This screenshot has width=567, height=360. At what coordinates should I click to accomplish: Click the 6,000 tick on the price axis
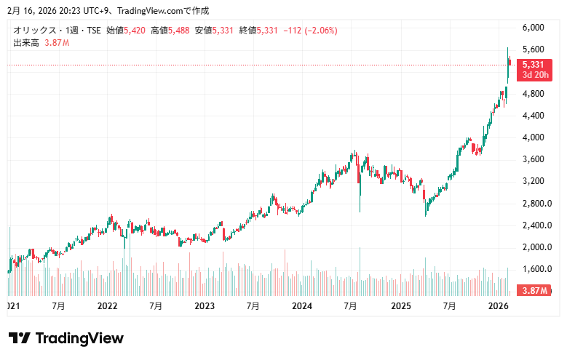[534, 28]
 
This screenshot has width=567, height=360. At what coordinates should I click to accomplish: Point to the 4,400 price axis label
[534, 116]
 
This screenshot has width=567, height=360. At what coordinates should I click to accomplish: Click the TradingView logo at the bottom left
[66, 338]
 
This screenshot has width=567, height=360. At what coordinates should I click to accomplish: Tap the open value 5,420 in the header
[135, 31]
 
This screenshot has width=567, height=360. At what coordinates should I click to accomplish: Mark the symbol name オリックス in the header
[33, 31]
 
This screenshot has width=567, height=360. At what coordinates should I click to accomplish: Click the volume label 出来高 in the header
[25, 43]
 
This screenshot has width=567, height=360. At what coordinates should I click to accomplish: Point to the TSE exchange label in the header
[93, 31]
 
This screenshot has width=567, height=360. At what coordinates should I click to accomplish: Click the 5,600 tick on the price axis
[534, 49]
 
